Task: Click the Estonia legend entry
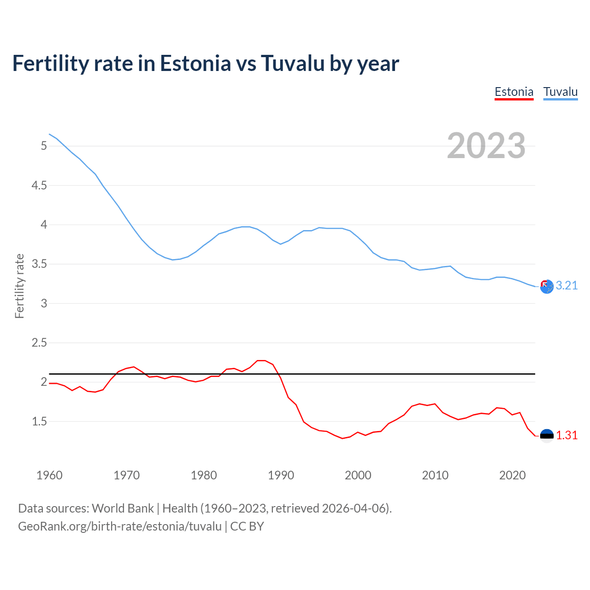pyautogui.click(x=514, y=92)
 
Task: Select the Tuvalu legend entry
pyautogui.click(x=560, y=92)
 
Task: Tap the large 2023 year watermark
pyautogui.click(x=486, y=146)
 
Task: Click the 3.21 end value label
pyautogui.click(x=566, y=286)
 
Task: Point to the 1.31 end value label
pyautogui.click(x=566, y=436)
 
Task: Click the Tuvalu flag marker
pyautogui.click(x=547, y=287)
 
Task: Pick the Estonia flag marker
pyautogui.click(x=547, y=436)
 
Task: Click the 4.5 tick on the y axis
pyautogui.click(x=39, y=185)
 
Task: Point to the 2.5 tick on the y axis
pyautogui.click(x=39, y=342)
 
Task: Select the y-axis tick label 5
pyautogui.click(x=44, y=146)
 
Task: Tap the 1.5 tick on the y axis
pyautogui.click(x=39, y=421)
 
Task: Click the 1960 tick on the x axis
pyautogui.click(x=49, y=475)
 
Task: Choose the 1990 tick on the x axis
pyautogui.click(x=281, y=475)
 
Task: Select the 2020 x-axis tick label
pyautogui.click(x=512, y=475)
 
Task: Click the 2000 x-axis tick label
pyautogui.click(x=358, y=475)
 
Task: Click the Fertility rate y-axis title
pyautogui.click(x=19, y=286)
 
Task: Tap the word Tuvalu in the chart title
pyautogui.click(x=293, y=63)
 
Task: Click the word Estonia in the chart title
pyautogui.click(x=195, y=63)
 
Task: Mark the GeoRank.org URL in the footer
pyautogui.click(x=120, y=526)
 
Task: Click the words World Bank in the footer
pyautogui.click(x=123, y=508)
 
